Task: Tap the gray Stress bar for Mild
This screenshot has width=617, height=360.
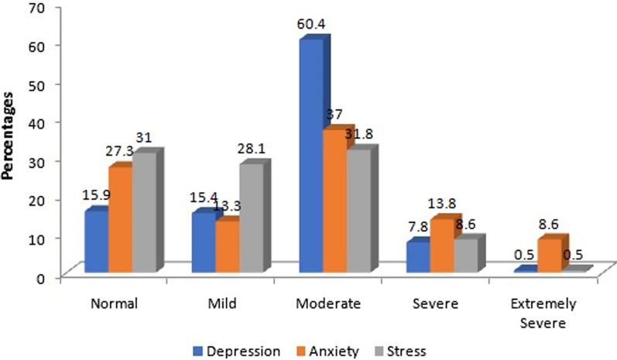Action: [x=251, y=218]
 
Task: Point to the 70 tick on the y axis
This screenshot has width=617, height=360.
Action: [x=36, y=6]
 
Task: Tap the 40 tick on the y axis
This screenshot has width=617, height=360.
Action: [x=36, y=122]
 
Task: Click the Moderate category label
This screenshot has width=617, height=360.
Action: [x=329, y=304]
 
